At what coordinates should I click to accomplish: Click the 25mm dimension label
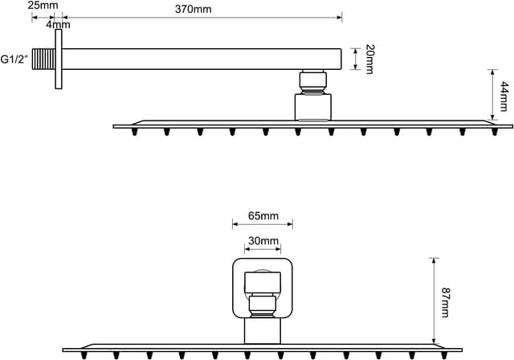43,6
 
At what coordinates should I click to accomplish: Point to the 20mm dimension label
370,59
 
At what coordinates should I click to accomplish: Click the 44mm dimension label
504,95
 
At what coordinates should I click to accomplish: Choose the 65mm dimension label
263,215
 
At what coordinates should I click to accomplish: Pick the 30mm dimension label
263,241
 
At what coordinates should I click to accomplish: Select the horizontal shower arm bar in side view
201,59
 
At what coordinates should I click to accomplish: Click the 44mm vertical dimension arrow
492,95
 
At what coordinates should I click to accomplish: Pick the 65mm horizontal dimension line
263,225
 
